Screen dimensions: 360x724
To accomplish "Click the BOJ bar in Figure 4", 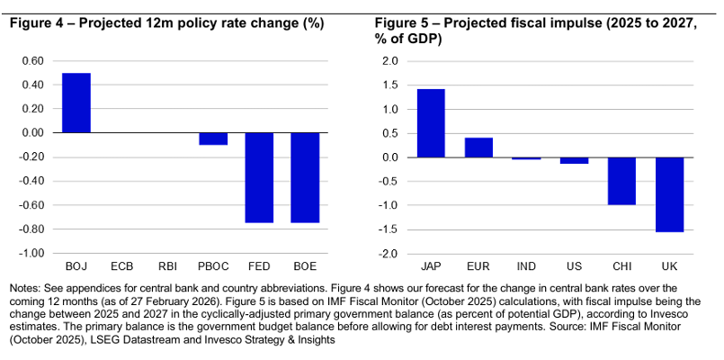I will pyautogui.click(x=76, y=103).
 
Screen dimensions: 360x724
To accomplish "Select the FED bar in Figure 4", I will pyautogui.click(x=259, y=177).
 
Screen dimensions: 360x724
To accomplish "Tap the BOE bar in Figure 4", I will pyautogui.click(x=305, y=177).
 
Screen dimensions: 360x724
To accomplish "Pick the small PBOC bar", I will pyautogui.click(x=213, y=139).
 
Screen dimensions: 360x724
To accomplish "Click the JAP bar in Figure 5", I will pyautogui.click(x=431, y=123).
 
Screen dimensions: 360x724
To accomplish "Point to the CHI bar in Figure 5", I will pyautogui.click(x=621, y=181).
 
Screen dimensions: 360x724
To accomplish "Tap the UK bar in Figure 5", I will pyautogui.click(x=669, y=194).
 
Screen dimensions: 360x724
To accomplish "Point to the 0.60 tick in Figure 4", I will pyautogui.click(x=31, y=61).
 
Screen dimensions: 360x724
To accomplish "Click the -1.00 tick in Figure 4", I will pyautogui.click(x=30, y=253).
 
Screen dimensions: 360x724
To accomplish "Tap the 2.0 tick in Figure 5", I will pyautogui.click(x=389, y=61).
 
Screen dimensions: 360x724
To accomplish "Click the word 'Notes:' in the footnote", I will pyautogui.click(x=25, y=287).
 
